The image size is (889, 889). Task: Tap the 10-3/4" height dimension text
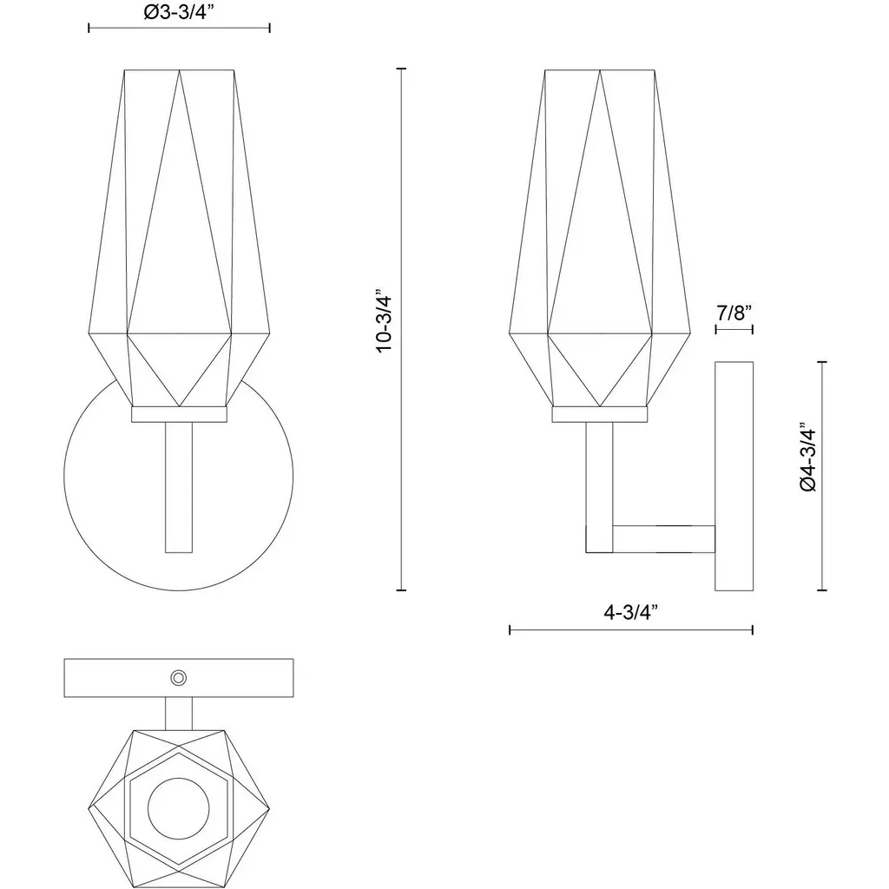(385, 325)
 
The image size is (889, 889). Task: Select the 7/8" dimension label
(734, 313)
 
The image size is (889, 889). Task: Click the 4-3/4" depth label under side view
(630, 612)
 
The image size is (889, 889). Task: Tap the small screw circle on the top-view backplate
(179, 677)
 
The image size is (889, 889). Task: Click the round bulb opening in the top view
(179, 808)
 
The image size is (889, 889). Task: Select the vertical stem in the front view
(179, 488)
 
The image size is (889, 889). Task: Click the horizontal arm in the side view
(663, 539)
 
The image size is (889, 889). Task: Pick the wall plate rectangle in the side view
(734, 477)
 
